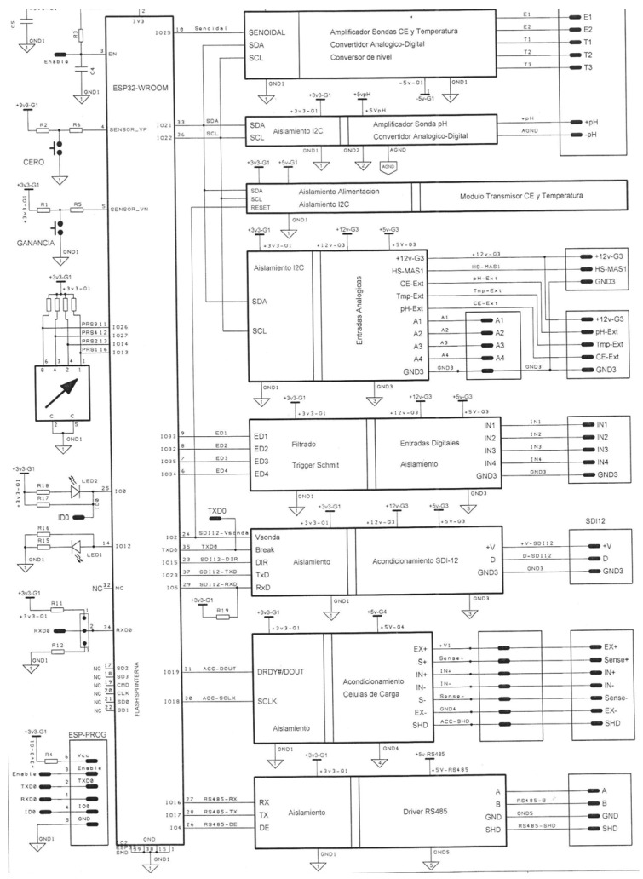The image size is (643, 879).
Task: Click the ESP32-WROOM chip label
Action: pos(136,86)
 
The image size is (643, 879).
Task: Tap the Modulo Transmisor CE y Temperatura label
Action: pos(521,196)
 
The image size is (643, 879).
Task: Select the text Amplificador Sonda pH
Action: pos(411,124)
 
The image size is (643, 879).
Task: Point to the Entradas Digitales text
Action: pos(430,444)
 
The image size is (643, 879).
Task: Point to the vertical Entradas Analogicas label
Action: pos(361,313)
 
